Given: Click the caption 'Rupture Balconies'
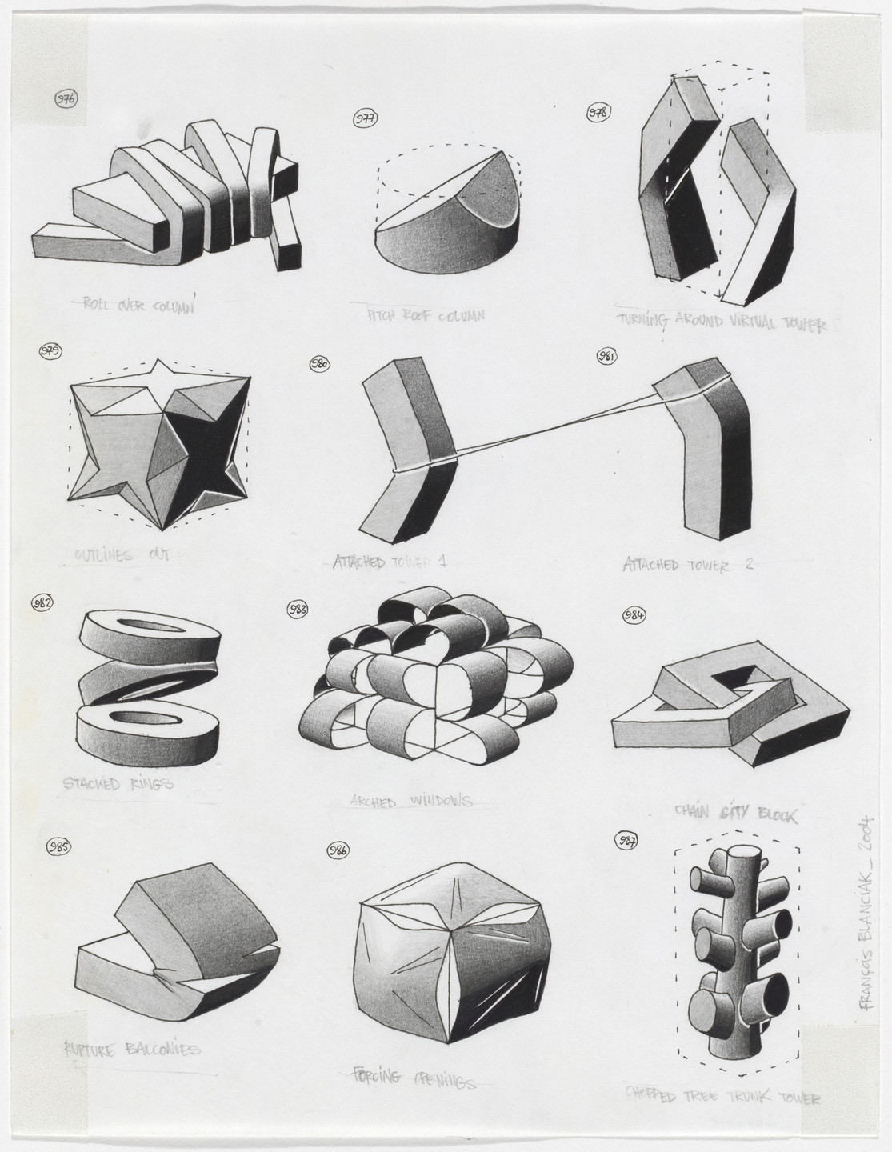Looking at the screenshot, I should [x=132, y=1049].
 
